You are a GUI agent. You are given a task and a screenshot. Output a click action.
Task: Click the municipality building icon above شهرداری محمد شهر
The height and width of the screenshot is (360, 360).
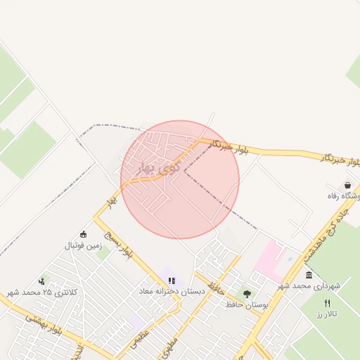click(309, 274)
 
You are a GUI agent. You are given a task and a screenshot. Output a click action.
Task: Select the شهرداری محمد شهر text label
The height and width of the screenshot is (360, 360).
click(309, 286)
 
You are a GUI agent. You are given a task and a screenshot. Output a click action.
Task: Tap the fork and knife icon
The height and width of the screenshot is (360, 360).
click(326, 303)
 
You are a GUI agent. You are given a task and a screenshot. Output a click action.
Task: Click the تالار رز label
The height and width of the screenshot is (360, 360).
click(327, 314)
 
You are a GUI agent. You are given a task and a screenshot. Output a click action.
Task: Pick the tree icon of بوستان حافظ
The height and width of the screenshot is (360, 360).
click(246, 294)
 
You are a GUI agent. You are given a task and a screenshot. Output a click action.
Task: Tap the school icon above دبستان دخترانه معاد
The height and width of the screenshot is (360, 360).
click(172, 281)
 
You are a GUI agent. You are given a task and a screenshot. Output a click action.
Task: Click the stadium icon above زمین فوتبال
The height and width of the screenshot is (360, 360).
click(84, 234)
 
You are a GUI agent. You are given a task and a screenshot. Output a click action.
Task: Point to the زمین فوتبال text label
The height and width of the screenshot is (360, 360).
click(84, 245)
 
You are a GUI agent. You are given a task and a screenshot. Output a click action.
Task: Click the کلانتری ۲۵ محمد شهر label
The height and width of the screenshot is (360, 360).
click(41, 292)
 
